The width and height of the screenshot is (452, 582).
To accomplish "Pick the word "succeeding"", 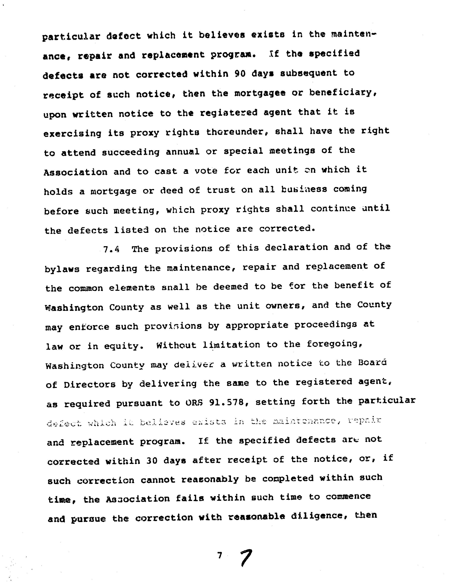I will [x=131, y=152].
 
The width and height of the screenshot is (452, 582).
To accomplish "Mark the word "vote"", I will [x=206, y=170].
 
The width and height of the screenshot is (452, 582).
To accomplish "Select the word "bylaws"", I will [x=62, y=269].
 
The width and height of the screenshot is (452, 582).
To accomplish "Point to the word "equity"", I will [x=122, y=346].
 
